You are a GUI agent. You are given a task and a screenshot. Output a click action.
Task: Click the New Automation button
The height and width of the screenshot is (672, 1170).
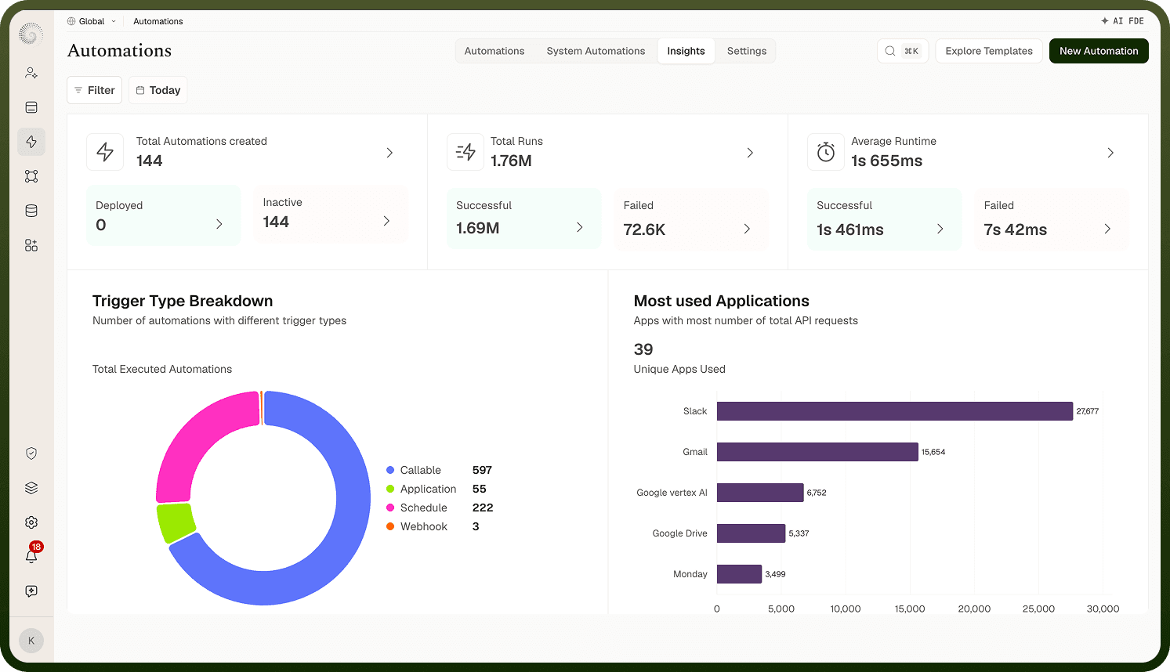[x=1099, y=51]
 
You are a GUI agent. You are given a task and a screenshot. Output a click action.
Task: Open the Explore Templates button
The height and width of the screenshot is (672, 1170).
[x=989, y=51]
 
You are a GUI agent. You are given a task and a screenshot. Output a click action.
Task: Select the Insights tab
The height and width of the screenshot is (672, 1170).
[x=686, y=51]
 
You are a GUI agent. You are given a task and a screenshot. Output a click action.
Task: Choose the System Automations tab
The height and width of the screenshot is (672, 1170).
[x=596, y=51]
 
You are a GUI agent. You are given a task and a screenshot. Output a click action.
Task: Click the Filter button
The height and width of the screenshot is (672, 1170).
[x=95, y=90]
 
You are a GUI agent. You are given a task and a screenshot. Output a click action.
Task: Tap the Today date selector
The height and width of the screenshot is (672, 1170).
[x=158, y=90]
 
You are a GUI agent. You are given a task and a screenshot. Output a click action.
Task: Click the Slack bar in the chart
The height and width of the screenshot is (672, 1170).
[x=895, y=411]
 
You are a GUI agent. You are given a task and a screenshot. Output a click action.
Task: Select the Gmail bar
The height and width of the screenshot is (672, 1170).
[x=817, y=452]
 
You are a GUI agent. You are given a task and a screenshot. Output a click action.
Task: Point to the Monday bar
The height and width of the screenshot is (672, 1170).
[x=739, y=574]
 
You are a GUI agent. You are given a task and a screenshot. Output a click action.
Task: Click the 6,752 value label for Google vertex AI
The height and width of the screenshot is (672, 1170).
[x=817, y=493]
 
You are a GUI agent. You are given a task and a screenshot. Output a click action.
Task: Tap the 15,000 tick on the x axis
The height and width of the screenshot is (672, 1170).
[x=910, y=609]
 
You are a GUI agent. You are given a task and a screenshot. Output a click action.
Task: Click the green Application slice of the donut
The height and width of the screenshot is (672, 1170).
[x=176, y=522]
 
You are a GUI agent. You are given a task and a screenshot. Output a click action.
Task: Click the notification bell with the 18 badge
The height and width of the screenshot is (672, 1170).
[x=32, y=555]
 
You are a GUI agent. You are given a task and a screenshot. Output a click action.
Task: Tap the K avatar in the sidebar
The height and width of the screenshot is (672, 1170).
[x=31, y=640]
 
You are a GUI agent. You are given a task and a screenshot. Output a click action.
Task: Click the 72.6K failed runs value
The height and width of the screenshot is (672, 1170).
[x=644, y=229]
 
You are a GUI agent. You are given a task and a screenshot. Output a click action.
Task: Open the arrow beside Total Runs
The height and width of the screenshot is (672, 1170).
[x=750, y=153]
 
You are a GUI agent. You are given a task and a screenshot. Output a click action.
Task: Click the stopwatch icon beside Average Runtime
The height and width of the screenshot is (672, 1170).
[x=826, y=152]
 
